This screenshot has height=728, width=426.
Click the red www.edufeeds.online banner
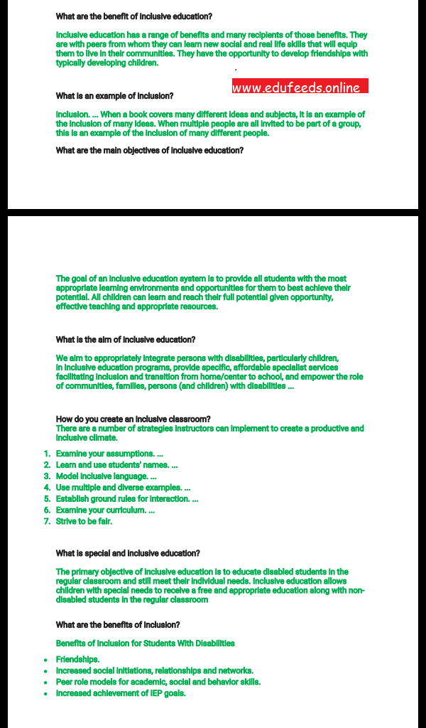(300, 87)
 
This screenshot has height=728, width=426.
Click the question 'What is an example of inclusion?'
(114, 96)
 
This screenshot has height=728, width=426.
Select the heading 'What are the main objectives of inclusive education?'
(150, 151)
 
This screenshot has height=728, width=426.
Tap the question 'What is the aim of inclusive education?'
(126, 340)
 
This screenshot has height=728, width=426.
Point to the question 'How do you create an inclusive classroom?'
(133, 419)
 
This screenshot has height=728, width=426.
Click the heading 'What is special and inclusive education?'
(128, 553)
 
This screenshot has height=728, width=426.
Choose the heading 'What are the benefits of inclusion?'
(118, 625)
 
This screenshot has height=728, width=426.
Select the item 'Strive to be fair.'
(84, 522)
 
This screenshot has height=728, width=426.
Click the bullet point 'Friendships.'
(78, 660)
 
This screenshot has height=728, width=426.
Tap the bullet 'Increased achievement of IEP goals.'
(121, 694)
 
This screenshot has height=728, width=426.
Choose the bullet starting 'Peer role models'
(158, 682)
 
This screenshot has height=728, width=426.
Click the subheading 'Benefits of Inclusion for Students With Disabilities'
(146, 643)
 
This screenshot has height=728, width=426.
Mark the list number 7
(47, 522)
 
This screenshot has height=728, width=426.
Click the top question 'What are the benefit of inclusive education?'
(133, 16)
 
